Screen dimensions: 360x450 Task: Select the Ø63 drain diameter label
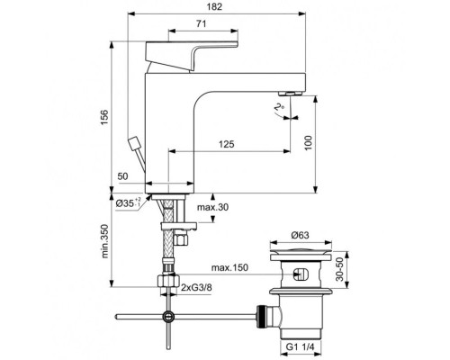pyautogui.click(x=303, y=237)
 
